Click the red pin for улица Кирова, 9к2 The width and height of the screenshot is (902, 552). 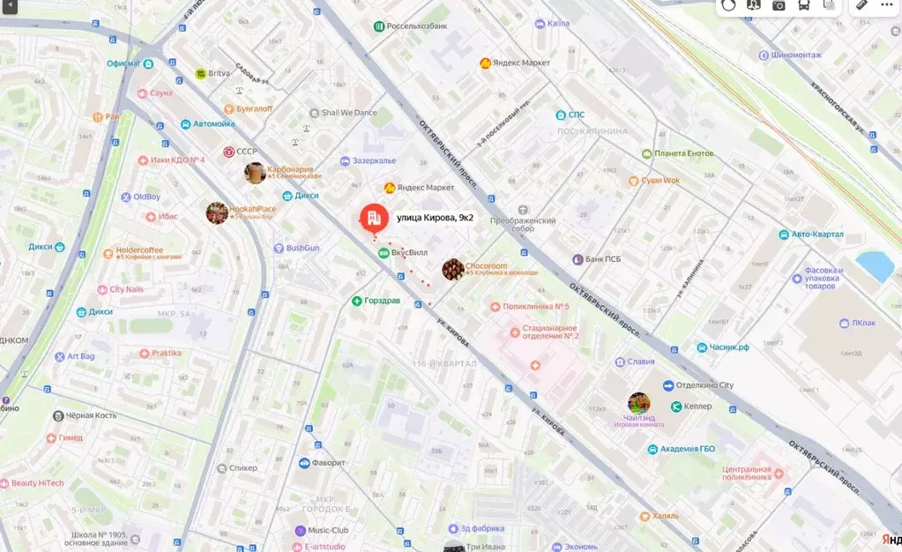point(372,218)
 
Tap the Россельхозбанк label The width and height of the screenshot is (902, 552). point(417,26)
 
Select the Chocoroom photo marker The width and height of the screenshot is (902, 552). point(453,270)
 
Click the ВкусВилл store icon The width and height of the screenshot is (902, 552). point(383,252)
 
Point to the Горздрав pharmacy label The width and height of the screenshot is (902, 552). point(383,301)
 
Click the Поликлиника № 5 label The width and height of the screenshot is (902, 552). point(535,307)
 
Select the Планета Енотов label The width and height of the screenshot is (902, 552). point(683,153)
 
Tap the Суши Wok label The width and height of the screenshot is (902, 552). point(660,181)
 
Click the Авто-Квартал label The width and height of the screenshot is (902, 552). point(816,235)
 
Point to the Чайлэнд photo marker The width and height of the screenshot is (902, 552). point(639,404)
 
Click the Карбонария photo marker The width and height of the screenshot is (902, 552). point(255,172)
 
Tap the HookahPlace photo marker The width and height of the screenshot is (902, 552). point(217,213)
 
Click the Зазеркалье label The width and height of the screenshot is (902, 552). point(374,160)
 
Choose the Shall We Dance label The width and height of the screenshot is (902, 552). point(348,113)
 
